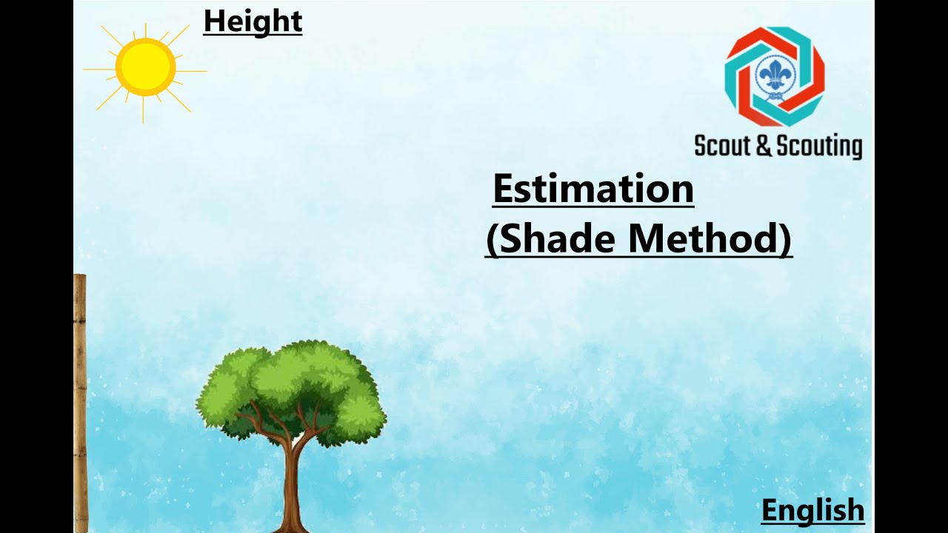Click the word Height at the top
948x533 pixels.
[253, 21]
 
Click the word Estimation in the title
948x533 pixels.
[593, 190]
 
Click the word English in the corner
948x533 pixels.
[812, 511]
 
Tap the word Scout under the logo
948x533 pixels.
[723, 146]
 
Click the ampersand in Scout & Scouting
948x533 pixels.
[763, 146]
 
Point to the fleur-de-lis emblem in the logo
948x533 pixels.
[775, 76]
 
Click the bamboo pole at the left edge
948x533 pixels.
[80, 407]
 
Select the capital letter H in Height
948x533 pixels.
[213, 21]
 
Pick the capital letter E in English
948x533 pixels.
[770, 511]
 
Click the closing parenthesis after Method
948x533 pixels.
[786, 240]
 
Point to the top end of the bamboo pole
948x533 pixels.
[79, 277]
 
